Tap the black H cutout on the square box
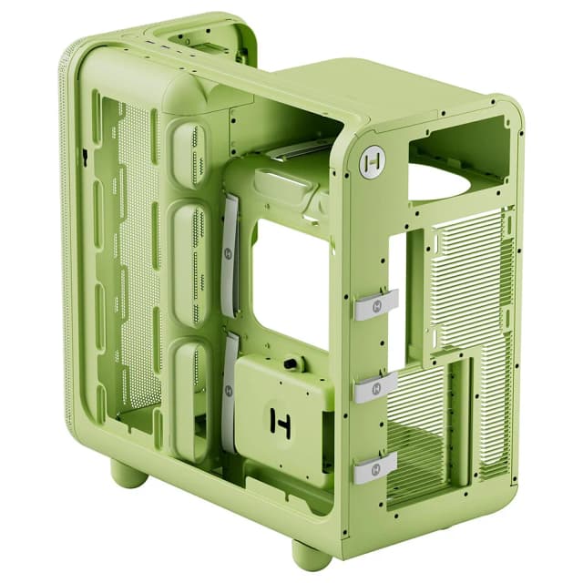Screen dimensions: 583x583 tap(280, 421)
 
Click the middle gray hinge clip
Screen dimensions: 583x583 tap(375, 386)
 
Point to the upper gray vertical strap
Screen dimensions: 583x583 tap(229, 255)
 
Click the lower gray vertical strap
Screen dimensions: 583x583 tap(229, 391)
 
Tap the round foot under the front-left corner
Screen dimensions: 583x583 tap(128, 473)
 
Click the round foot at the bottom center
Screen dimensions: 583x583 tap(311, 553)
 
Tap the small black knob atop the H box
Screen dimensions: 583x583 tap(292, 363)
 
